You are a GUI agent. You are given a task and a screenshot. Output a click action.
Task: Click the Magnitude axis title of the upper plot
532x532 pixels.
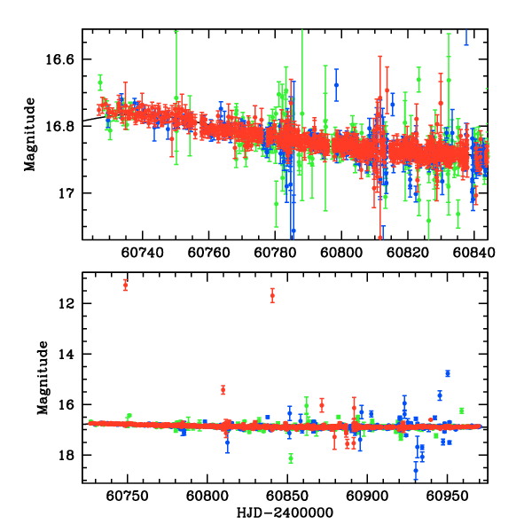30,135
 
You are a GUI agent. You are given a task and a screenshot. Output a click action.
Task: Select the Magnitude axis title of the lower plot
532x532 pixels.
42,379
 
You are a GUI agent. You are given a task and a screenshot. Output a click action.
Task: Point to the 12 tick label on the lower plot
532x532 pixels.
71,303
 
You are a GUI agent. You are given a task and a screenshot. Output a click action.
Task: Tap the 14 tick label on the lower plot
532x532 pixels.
71,354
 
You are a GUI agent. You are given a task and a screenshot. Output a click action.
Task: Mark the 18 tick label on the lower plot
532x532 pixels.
71,456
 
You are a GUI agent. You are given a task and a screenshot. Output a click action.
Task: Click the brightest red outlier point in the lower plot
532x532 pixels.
125,285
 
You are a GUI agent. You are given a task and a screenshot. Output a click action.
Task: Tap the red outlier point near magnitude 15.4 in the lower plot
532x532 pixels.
223,389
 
